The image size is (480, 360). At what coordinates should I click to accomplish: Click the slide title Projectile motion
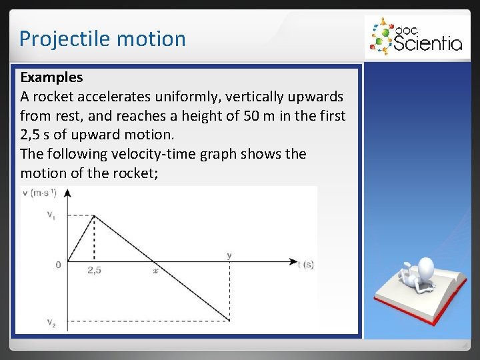[102, 39]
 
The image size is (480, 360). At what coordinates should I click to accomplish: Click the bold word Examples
[51, 78]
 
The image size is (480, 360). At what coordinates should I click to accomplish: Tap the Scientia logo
[414, 37]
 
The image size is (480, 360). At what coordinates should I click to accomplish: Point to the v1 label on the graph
[51, 215]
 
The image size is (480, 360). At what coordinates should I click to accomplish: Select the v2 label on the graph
[51, 323]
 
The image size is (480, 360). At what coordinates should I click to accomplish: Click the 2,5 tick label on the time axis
[95, 271]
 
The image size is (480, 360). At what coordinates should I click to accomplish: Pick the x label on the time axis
[155, 271]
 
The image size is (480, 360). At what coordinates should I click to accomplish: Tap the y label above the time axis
[229, 255]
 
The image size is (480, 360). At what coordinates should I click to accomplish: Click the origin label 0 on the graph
[58, 265]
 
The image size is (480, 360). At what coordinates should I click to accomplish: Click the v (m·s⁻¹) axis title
[39, 193]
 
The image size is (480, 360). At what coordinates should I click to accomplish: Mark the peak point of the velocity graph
[94, 215]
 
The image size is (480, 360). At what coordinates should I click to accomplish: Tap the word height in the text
[197, 116]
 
